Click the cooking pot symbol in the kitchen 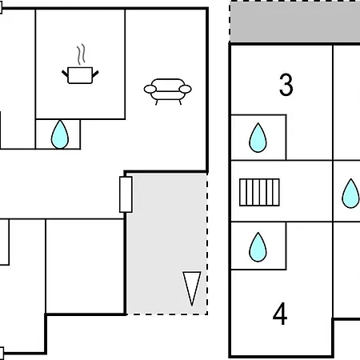click(x=80, y=75)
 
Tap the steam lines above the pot click(x=82, y=54)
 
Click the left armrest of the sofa click(x=150, y=90)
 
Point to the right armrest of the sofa click(x=185, y=89)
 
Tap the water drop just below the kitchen click(x=60, y=134)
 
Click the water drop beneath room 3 click(x=258, y=138)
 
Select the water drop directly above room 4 click(x=258, y=247)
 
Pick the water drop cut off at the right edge click(x=351, y=194)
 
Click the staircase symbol click(x=259, y=192)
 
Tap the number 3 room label click(x=286, y=85)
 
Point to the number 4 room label click(x=280, y=314)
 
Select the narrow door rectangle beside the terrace click(x=126, y=194)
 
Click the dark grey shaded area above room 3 click(x=295, y=22)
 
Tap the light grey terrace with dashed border click(x=167, y=244)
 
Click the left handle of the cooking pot click(x=65, y=74)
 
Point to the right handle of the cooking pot click(x=95, y=74)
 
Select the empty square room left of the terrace click(x=86, y=266)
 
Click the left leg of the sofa click(x=157, y=102)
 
